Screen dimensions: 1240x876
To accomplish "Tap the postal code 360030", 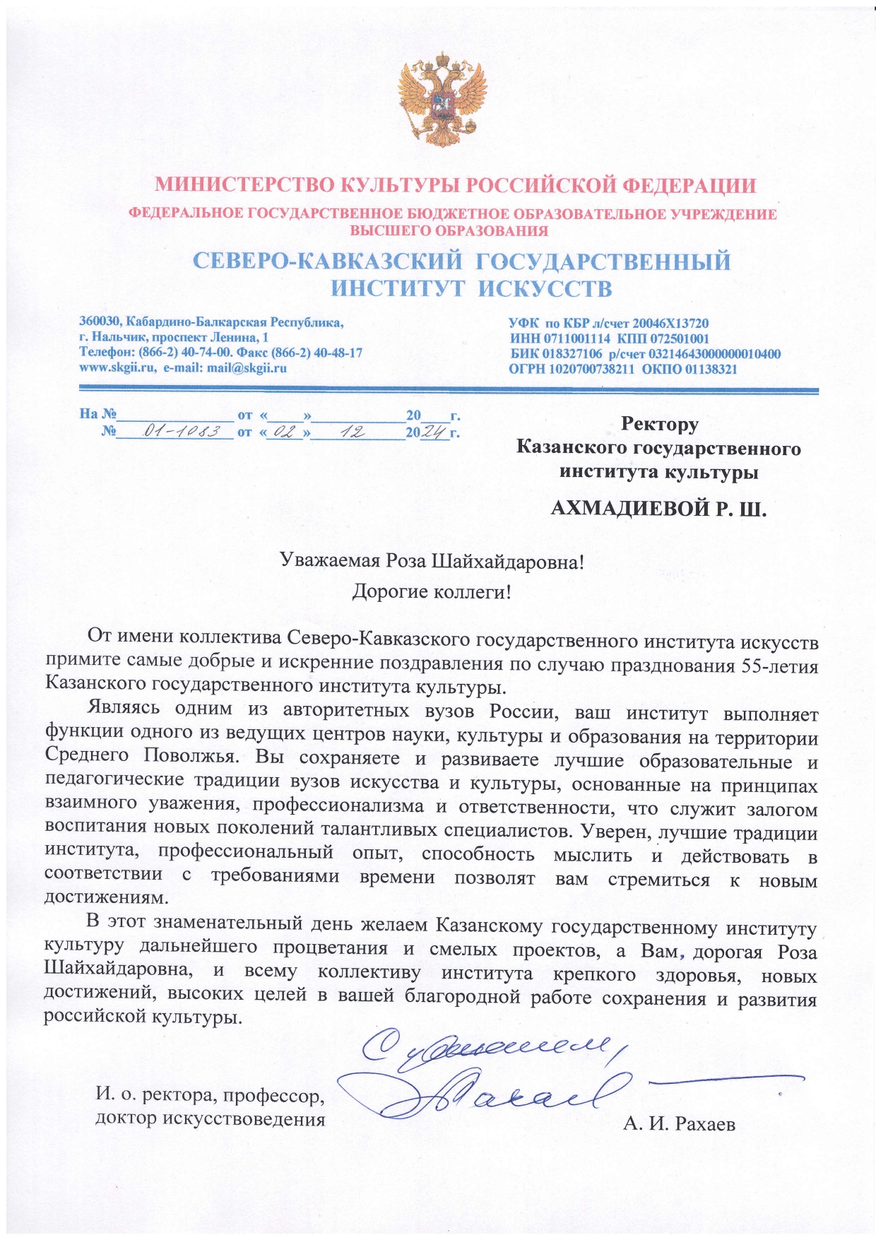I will coord(100,323).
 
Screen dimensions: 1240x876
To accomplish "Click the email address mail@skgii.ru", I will coord(247,367).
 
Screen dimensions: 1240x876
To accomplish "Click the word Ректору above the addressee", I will coord(659,424).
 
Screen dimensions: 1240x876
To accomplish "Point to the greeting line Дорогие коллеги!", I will coord(432,591).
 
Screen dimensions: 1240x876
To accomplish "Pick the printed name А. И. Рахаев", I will coord(679,1123).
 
